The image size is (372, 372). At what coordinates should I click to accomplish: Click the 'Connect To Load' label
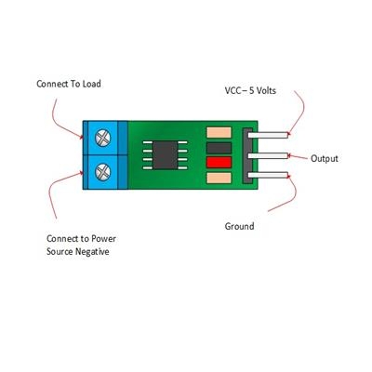(x=69, y=84)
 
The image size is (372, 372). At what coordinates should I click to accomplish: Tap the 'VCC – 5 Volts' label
(x=250, y=90)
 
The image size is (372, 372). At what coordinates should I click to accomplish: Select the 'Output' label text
(x=325, y=158)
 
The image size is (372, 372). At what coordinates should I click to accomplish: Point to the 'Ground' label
(x=239, y=226)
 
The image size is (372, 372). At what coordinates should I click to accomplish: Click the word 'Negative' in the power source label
(x=92, y=251)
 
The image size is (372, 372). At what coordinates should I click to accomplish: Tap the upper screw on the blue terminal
(x=103, y=138)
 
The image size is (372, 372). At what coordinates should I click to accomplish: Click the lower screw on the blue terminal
(x=103, y=172)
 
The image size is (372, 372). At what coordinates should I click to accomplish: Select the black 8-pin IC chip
(x=166, y=155)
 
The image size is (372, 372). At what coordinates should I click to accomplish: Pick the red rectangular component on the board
(x=219, y=162)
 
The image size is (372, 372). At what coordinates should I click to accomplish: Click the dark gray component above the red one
(x=219, y=148)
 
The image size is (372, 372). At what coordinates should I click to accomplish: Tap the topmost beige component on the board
(x=219, y=132)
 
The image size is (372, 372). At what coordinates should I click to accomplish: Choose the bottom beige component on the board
(x=219, y=178)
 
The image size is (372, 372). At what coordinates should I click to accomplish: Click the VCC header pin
(x=268, y=135)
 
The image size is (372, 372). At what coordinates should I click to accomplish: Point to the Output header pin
(x=268, y=155)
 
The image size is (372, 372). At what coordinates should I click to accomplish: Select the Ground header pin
(x=268, y=175)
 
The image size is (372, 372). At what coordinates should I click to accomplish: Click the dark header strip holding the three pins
(x=246, y=155)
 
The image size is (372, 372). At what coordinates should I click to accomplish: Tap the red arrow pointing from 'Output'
(x=299, y=157)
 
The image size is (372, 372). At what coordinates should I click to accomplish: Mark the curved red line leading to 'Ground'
(x=292, y=194)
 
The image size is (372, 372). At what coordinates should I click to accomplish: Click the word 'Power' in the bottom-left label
(x=103, y=239)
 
